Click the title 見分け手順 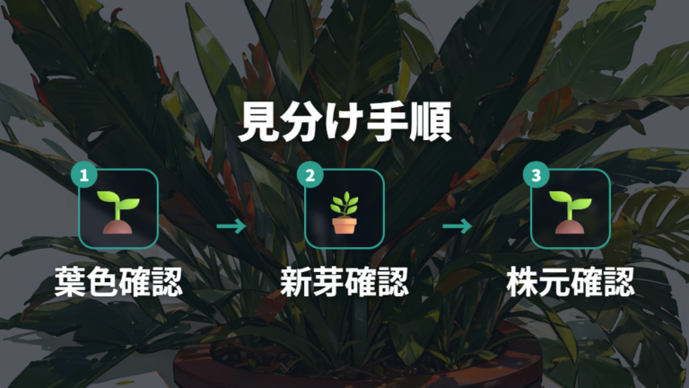click(344, 122)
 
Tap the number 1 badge click(84, 175)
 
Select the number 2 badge click(310, 175)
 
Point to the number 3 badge click(536, 175)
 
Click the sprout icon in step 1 click(118, 212)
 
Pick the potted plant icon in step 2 click(344, 212)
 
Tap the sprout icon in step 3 click(570, 212)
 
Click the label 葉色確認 click(118, 281)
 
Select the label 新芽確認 click(344, 281)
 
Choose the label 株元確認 click(571, 281)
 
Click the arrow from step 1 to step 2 click(231, 226)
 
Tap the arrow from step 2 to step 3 click(457, 226)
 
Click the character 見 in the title click(258, 122)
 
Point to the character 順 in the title click(431, 122)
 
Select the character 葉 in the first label click(70, 281)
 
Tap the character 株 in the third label click(522, 281)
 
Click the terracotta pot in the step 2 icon click(344, 225)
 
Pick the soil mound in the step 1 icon click(118, 226)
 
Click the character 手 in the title click(388, 122)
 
